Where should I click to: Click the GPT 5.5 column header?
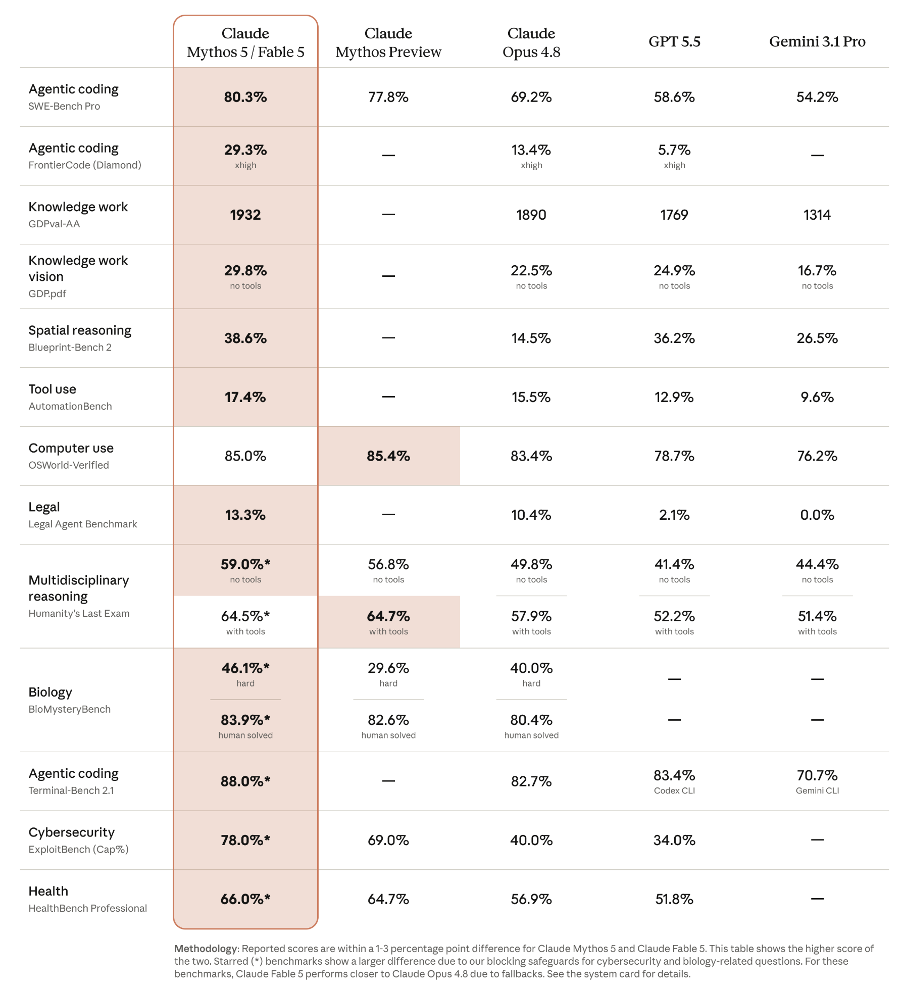click(674, 41)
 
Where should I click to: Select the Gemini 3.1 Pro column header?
click(817, 41)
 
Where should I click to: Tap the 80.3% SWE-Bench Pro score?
click(245, 97)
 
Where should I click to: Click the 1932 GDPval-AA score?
click(245, 215)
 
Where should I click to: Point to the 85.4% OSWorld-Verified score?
click(388, 456)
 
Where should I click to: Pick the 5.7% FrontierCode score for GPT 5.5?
click(674, 150)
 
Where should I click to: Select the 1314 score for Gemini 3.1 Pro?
click(817, 215)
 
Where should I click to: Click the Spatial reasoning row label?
click(80, 330)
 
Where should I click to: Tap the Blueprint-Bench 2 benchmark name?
click(70, 348)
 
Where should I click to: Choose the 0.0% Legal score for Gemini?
click(817, 515)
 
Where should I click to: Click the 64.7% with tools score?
click(388, 616)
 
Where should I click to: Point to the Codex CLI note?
click(674, 790)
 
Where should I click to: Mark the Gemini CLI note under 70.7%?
click(817, 790)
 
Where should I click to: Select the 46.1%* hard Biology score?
click(245, 668)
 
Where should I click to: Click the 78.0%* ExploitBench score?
click(245, 840)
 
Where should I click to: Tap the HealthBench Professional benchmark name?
click(88, 908)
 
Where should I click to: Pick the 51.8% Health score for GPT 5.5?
click(674, 899)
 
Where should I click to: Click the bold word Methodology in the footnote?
click(206, 949)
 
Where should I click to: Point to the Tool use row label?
click(53, 389)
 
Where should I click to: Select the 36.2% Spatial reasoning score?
click(674, 338)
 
